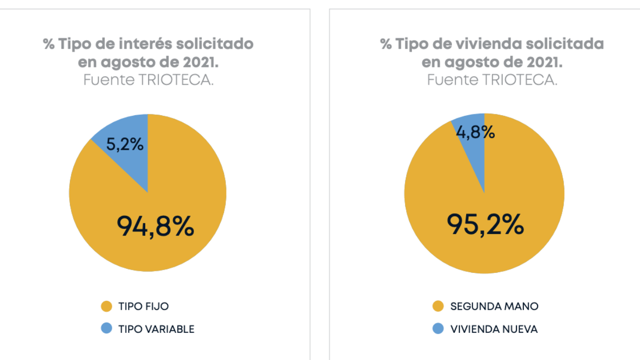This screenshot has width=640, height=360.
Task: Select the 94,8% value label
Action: (156, 227)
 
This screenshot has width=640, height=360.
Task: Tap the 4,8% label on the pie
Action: (475, 132)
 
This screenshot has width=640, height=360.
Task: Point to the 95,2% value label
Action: (485, 225)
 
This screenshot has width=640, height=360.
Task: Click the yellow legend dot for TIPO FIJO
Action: (106, 306)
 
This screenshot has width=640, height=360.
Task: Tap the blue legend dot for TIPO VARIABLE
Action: (106, 329)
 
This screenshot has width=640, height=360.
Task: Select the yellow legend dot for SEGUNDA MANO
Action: (438, 306)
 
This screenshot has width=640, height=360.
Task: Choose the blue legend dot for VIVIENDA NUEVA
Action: (438, 329)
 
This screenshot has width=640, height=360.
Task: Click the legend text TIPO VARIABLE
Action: (157, 329)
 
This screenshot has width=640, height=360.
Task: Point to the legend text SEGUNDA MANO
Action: (494, 306)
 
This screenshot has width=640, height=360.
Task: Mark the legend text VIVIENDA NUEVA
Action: (494, 329)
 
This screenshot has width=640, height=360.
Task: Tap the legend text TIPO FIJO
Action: (143, 306)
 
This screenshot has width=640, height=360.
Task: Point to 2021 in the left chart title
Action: (198, 62)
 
